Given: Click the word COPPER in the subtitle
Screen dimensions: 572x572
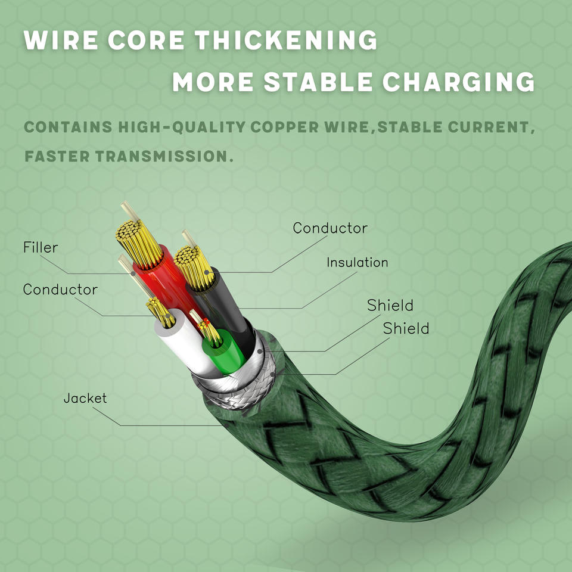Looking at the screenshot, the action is tap(286, 127).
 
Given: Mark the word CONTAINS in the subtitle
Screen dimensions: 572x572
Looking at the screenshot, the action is tap(69, 127).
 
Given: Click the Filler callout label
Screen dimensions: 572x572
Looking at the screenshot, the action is tap(41, 247).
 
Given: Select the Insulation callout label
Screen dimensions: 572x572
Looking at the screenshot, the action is tap(357, 262).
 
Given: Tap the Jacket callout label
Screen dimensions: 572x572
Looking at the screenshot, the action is tap(85, 397).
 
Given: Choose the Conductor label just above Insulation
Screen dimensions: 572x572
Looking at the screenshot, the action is tap(330, 228).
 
